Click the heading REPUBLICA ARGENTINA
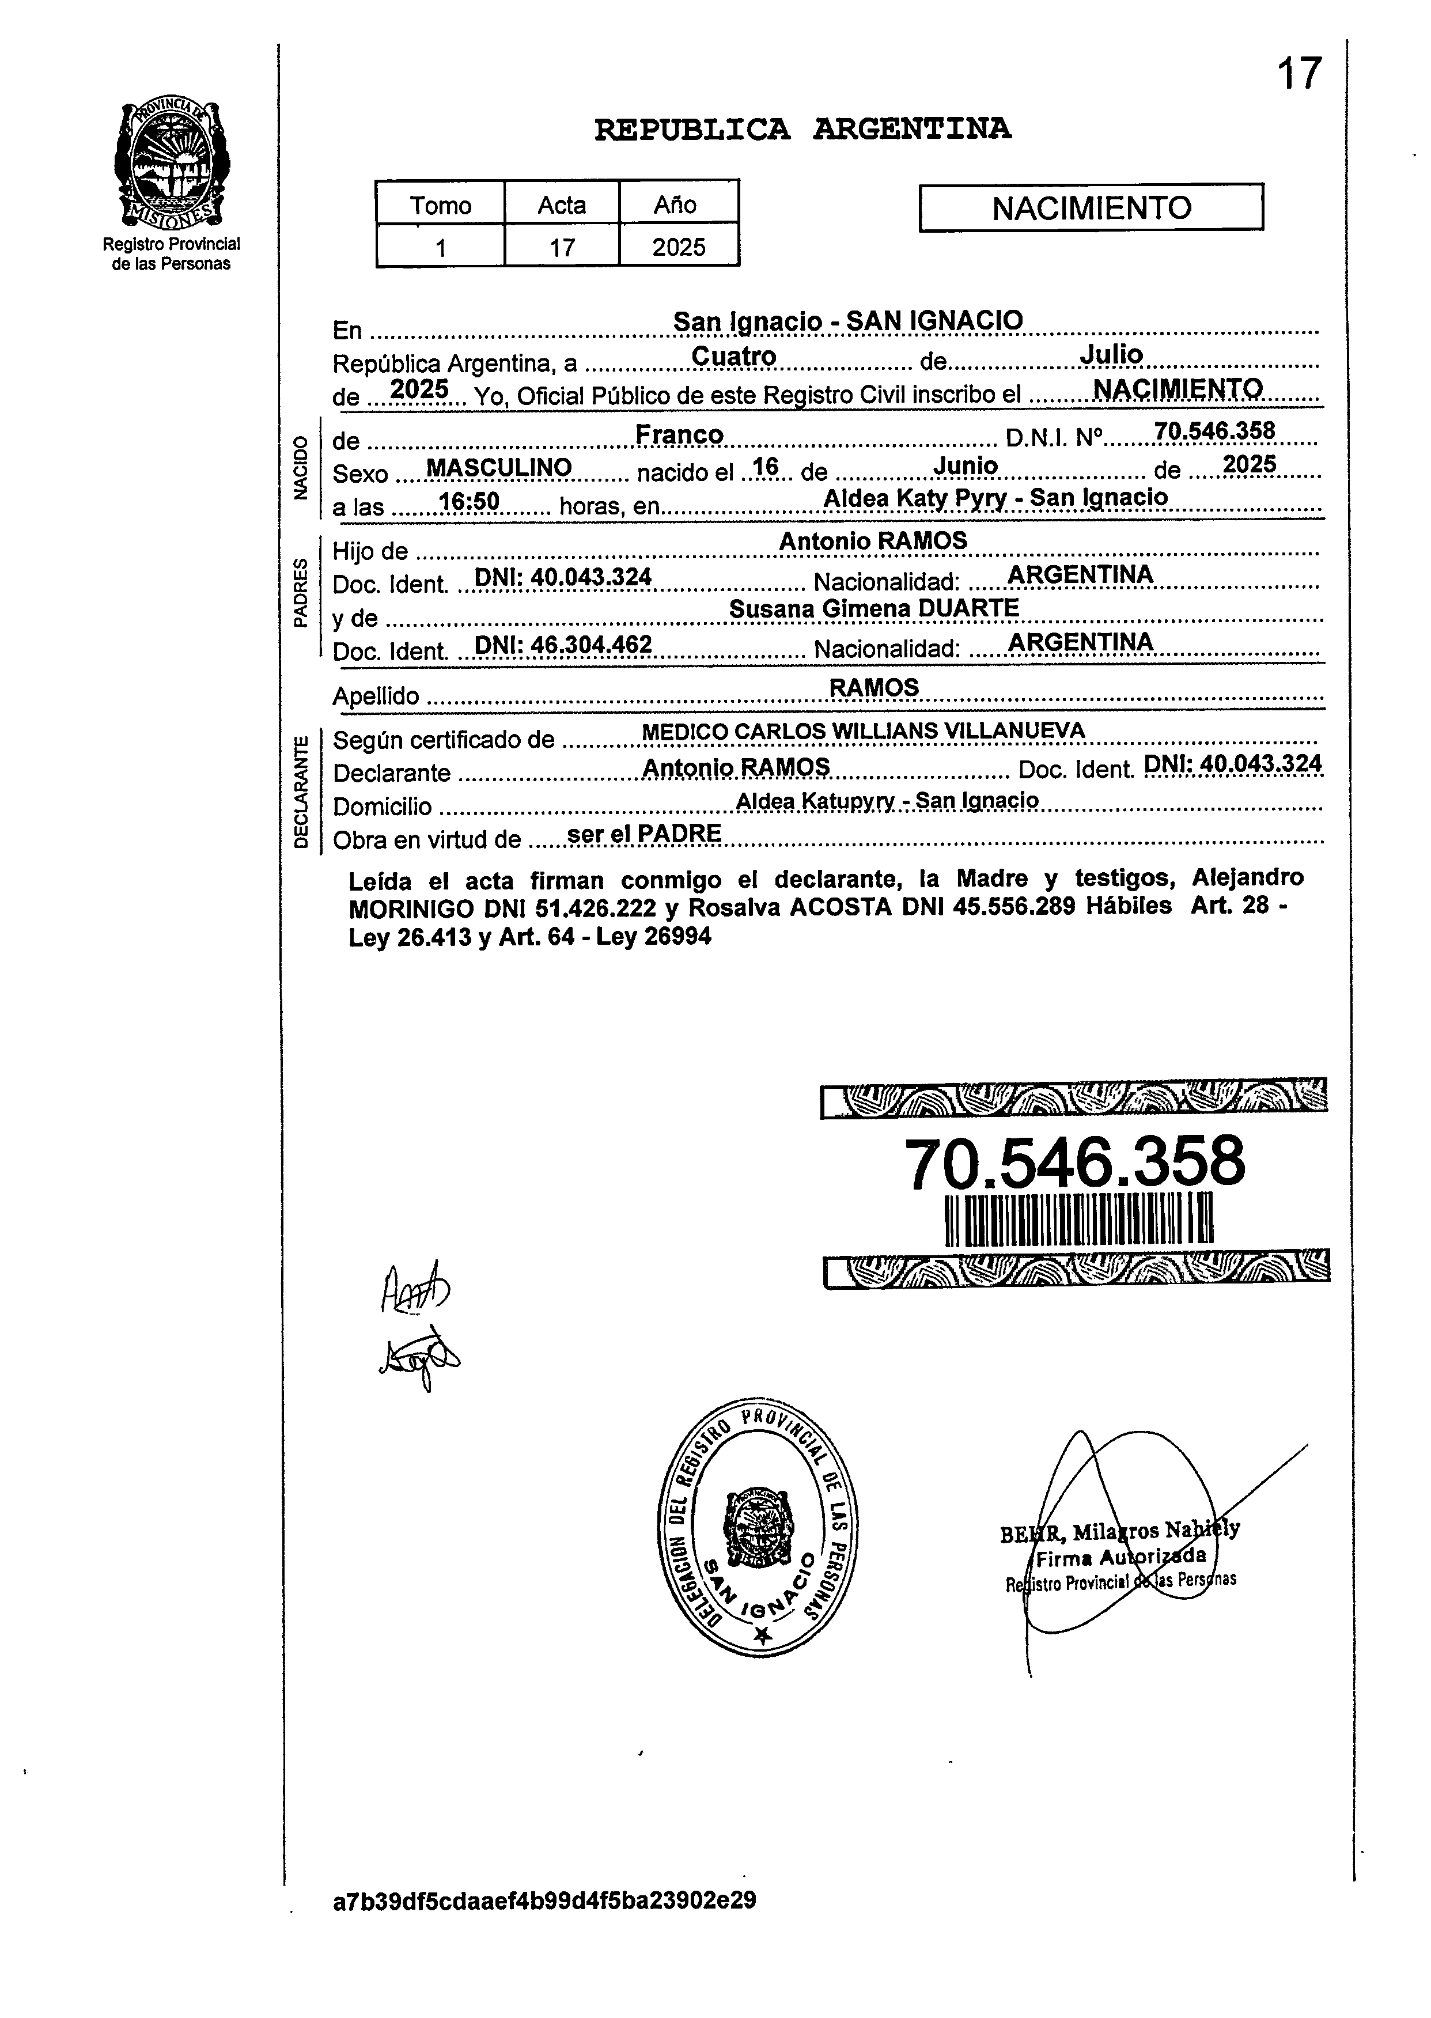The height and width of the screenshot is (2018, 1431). pyautogui.click(x=802, y=130)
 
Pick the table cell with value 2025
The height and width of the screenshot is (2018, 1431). pyautogui.click(x=679, y=247)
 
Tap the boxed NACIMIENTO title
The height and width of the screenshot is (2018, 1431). pyautogui.click(x=1091, y=208)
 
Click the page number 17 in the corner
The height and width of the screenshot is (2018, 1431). pyautogui.click(x=1299, y=74)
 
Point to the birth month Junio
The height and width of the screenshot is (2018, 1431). pyautogui.click(x=965, y=465)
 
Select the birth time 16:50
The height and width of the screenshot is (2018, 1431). pyautogui.click(x=469, y=501)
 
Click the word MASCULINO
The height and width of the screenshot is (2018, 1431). pyautogui.click(x=499, y=467)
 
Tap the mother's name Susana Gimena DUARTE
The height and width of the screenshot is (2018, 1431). pyautogui.click(x=874, y=608)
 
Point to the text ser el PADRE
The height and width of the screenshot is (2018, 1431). pyautogui.click(x=645, y=834)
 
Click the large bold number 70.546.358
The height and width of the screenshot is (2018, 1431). pyautogui.click(x=1074, y=1163)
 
